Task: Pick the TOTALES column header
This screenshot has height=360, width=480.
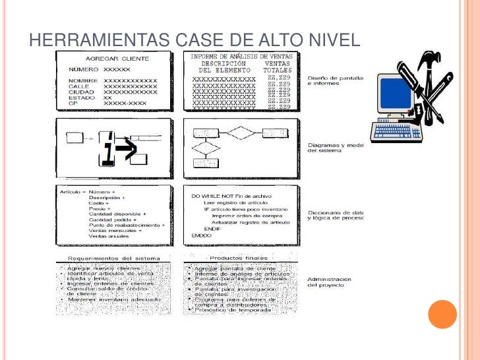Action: coord(277,70)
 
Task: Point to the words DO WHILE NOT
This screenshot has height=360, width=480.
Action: coord(212,196)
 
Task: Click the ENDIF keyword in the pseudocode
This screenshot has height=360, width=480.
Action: coord(212,229)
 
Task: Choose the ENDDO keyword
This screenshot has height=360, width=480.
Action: coord(201,235)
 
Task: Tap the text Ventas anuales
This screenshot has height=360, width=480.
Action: coord(110,236)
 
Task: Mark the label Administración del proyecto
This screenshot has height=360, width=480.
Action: coord(329,282)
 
